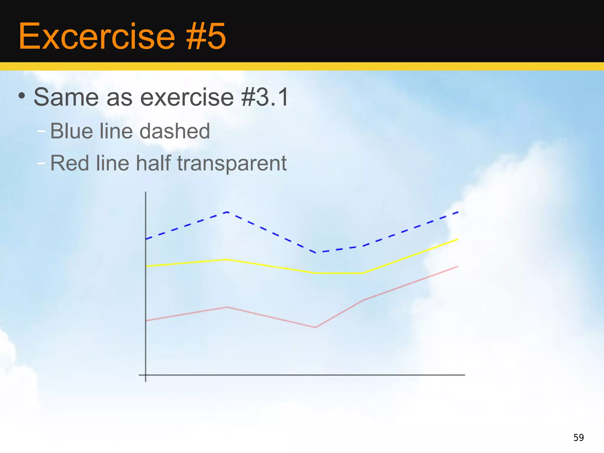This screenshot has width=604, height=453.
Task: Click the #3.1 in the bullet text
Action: coord(265,97)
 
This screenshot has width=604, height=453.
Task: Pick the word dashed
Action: coord(175,131)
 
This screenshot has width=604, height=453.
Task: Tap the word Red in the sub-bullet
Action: coord(69,163)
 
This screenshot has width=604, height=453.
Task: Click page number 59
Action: coord(578,437)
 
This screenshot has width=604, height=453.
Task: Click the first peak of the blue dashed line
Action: coord(227,212)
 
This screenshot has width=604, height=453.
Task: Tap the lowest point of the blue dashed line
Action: coord(316,253)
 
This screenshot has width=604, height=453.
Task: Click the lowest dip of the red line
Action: coord(315,327)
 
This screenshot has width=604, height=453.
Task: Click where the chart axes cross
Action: coord(146,375)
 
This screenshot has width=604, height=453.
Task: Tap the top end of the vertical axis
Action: coord(146,193)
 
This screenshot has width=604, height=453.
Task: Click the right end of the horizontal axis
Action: coord(464,375)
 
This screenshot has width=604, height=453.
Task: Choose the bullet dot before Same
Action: coord(22,96)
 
